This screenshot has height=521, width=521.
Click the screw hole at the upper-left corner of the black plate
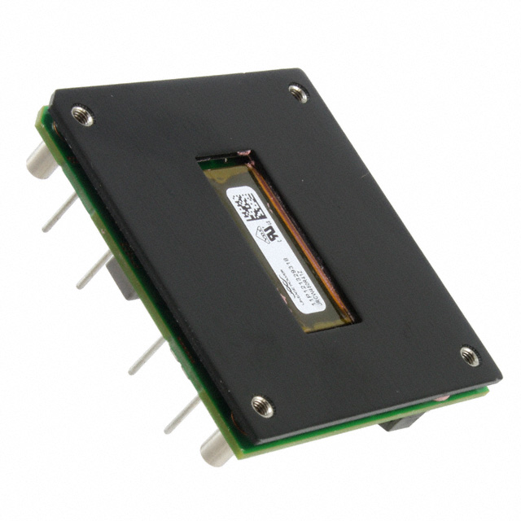pyautogui.click(x=82, y=116)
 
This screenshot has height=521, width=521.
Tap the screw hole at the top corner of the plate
pyautogui.click(x=299, y=93)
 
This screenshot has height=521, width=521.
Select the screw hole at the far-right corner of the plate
pyautogui.click(x=470, y=356)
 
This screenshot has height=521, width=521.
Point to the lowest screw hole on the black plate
pyautogui.click(x=262, y=405)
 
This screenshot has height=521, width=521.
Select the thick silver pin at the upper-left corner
pyautogui.click(x=41, y=159)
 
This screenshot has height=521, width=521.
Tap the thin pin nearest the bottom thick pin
pyautogui.click(x=182, y=415)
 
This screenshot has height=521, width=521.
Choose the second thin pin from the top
pyautogui.click(x=94, y=269)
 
